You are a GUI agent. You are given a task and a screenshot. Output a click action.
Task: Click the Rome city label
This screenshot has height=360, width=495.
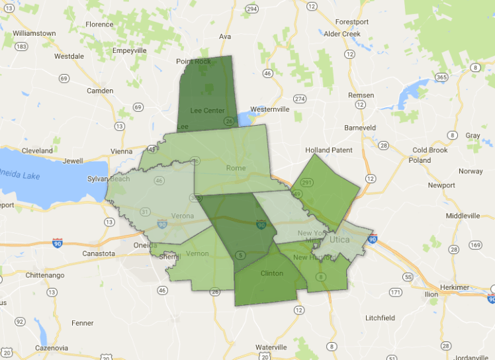236,168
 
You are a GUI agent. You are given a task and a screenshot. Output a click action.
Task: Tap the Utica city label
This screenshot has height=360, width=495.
339,240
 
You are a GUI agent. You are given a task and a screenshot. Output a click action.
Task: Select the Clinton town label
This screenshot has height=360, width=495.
271,273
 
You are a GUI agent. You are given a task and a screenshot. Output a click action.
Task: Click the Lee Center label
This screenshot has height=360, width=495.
207,111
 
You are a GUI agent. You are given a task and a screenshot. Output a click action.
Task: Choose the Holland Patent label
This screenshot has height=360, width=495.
329,150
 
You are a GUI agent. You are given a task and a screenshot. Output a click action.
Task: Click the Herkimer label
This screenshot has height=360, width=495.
468,287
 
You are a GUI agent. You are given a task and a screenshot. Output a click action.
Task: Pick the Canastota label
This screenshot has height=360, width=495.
99,253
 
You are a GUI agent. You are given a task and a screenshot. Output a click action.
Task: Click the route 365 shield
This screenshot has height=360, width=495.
441,77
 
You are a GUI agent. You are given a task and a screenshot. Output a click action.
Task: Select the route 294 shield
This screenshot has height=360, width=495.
251,9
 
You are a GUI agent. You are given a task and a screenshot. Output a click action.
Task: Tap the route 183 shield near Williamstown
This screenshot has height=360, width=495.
21,46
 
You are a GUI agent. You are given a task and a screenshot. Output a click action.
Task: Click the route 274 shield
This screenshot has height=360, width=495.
300,99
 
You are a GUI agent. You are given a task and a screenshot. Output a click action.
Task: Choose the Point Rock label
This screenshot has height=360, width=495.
193,62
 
